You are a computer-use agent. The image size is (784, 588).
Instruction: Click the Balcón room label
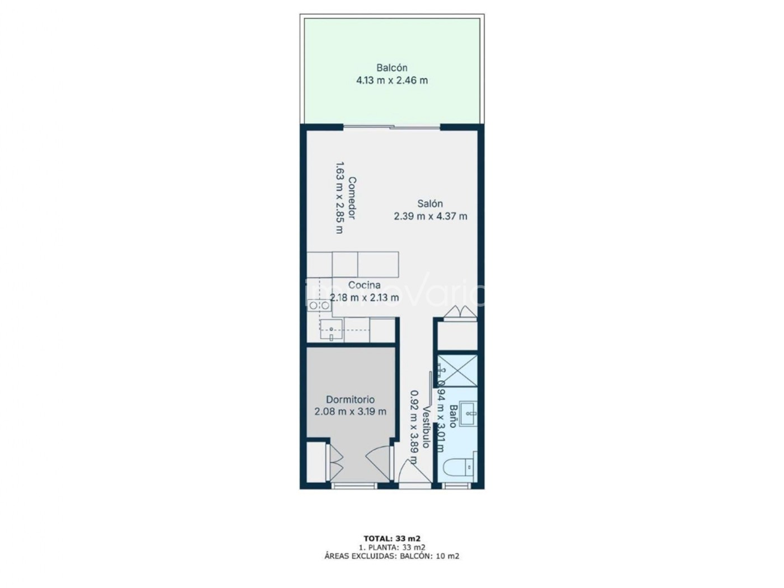click(392, 67)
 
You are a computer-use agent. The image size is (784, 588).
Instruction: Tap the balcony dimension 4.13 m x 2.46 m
click(392, 80)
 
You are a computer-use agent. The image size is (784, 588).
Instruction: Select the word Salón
click(430, 203)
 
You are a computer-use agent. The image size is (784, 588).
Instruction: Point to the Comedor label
click(352, 198)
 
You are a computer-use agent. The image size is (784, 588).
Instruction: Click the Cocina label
click(365, 285)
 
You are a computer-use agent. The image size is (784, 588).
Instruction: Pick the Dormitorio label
click(350, 399)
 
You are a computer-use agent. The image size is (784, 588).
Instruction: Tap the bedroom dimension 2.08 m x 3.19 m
click(350, 412)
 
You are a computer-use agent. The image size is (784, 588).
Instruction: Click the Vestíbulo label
click(427, 427)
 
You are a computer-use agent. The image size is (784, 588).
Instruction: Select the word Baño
click(453, 416)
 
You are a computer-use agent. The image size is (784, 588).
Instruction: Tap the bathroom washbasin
click(468, 414)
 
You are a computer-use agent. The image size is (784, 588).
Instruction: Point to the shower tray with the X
click(458, 371)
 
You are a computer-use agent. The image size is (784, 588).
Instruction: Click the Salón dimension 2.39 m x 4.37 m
click(431, 216)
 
